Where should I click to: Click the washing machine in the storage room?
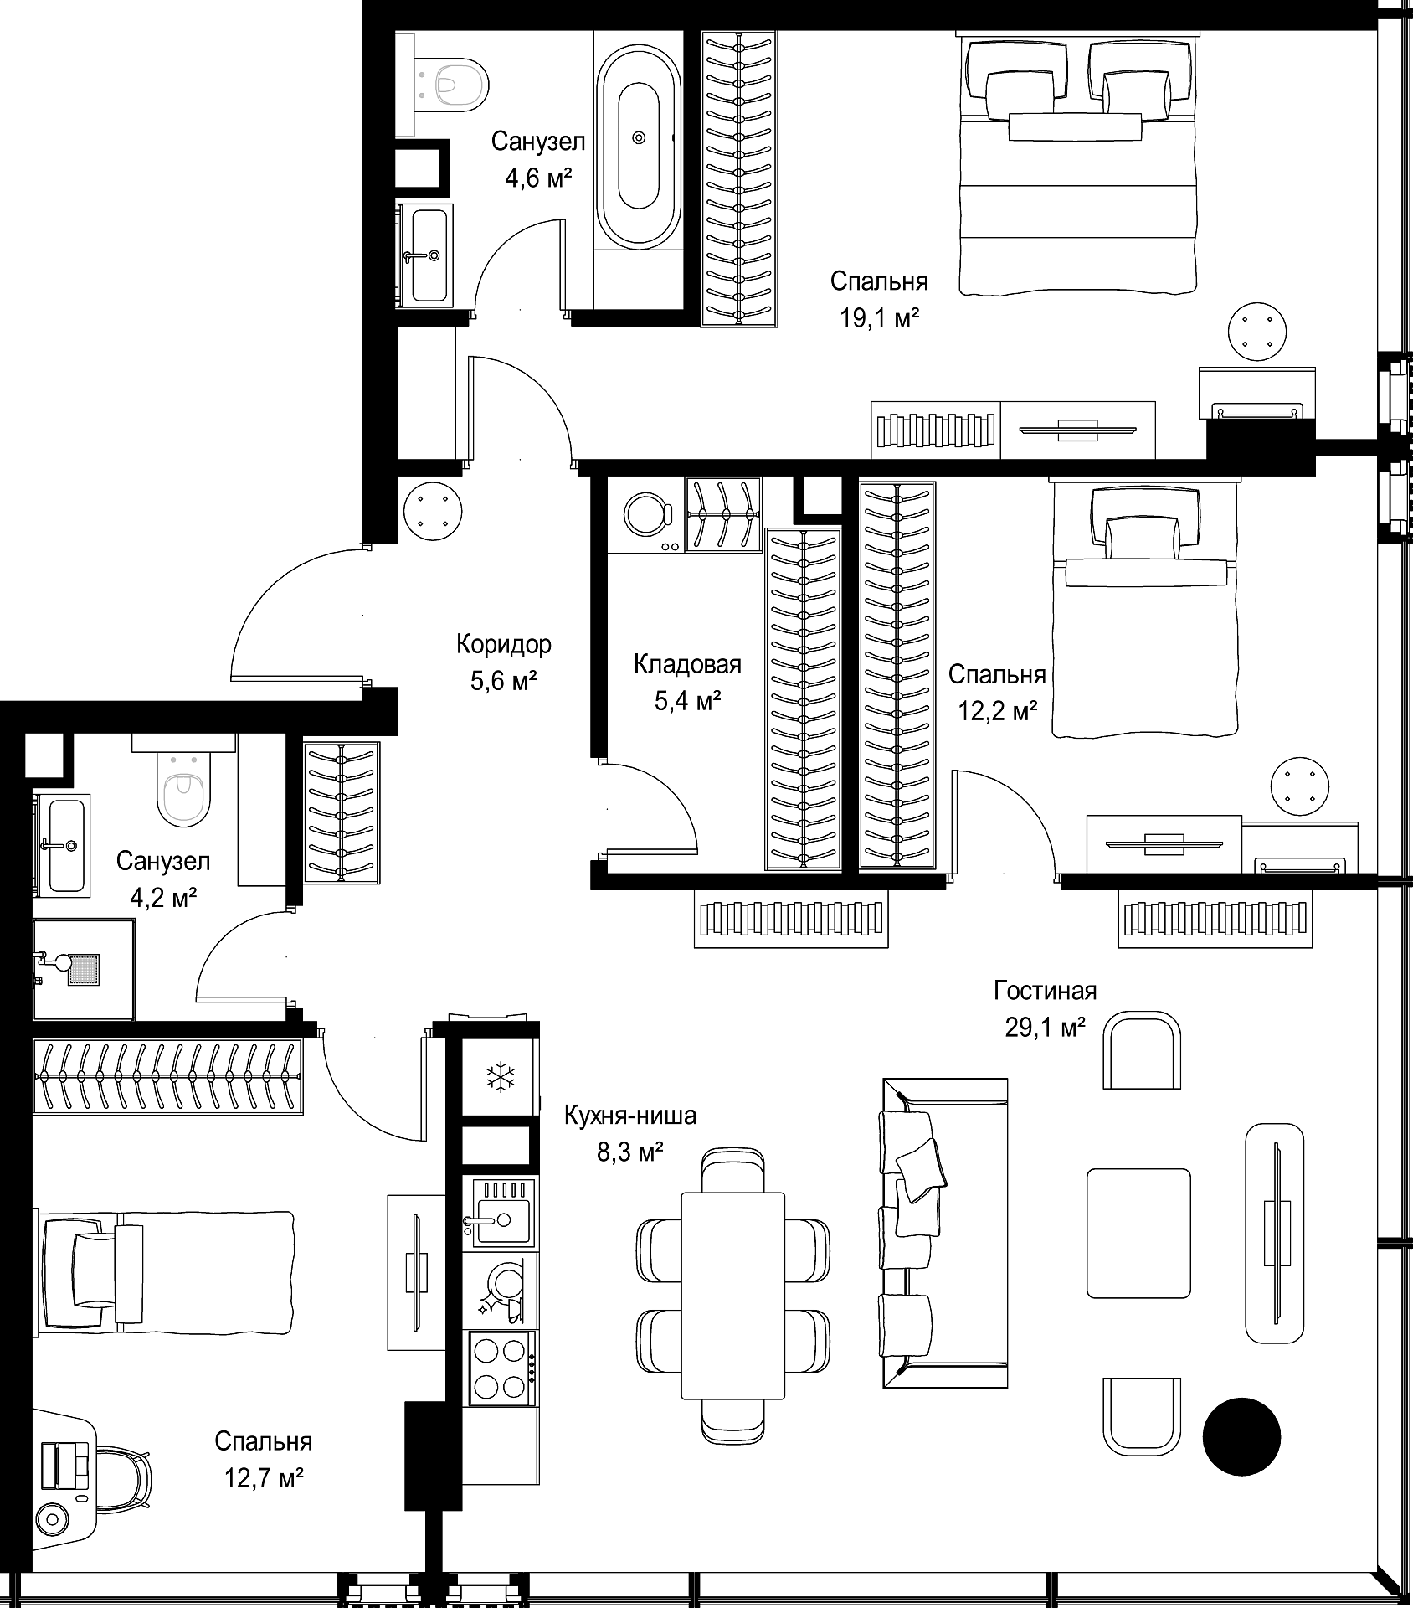[x=645, y=514]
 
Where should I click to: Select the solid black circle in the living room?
[x=1241, y=1435]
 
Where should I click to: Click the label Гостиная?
[x=1045, y=991]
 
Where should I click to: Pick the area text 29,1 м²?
[x=1046, y=1027]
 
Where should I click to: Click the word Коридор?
[x=504, y=644]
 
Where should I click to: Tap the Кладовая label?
[x=687, y=664]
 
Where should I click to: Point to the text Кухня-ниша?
[x=629, y=1116]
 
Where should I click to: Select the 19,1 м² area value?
[x=880, y=317]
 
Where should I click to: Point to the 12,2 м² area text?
[x=998, y=711]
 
